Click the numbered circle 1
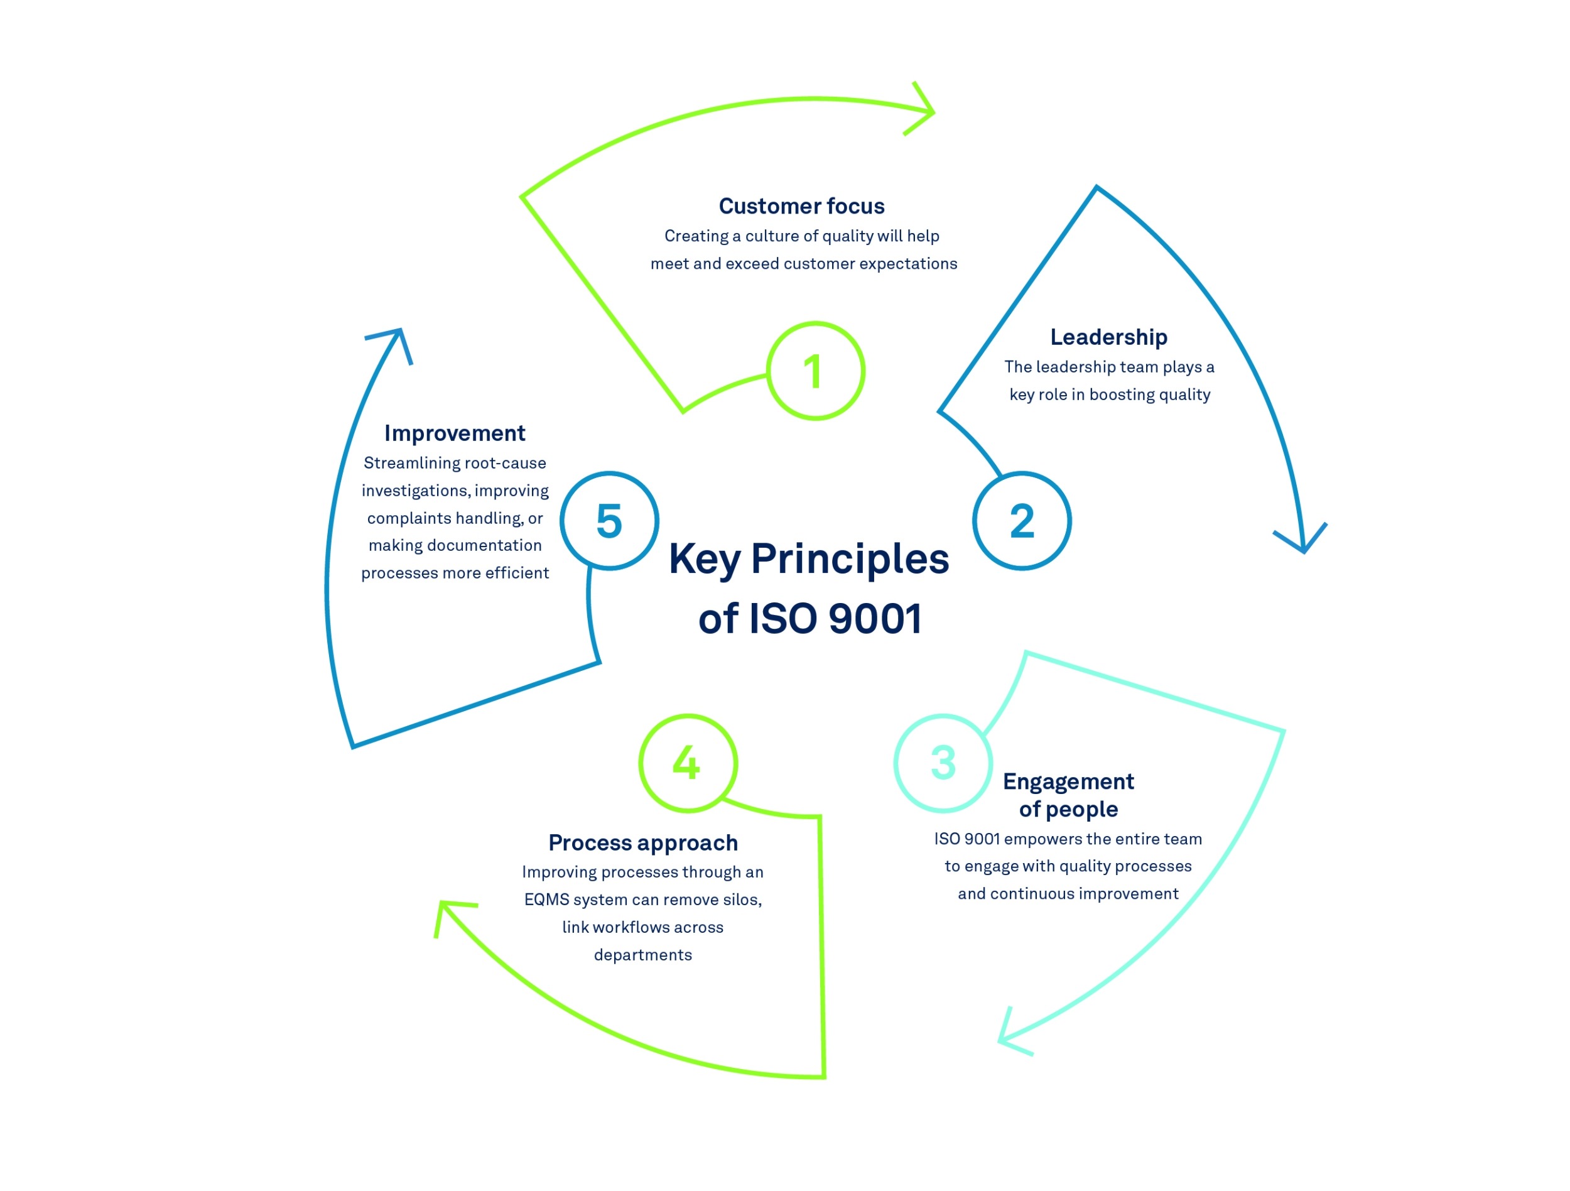pyautogui.click(x=816, y=371)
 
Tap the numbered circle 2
pyautogui.click(x=1021, y=521)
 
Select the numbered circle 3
pyautogui.click(x=943, y=763)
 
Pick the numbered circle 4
pyautogui.click(x=688, y=763)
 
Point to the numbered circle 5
pyautogui.click(x=609, y=521)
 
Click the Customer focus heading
pyautogui.click(x=801, y=206)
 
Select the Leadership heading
pyautogui.click(x=1108, y=337)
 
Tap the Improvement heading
pyautogui.click(x=454, y=433)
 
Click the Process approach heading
pyautogui.click(x=643, y=842)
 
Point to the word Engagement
pyautogui.click(x=1068, y=781)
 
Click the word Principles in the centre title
pyautogui.click(x=850, y=559)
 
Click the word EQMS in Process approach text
pyautogui.click(x=546, y=900)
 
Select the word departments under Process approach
pyautogui.click(x=642, y=955)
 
